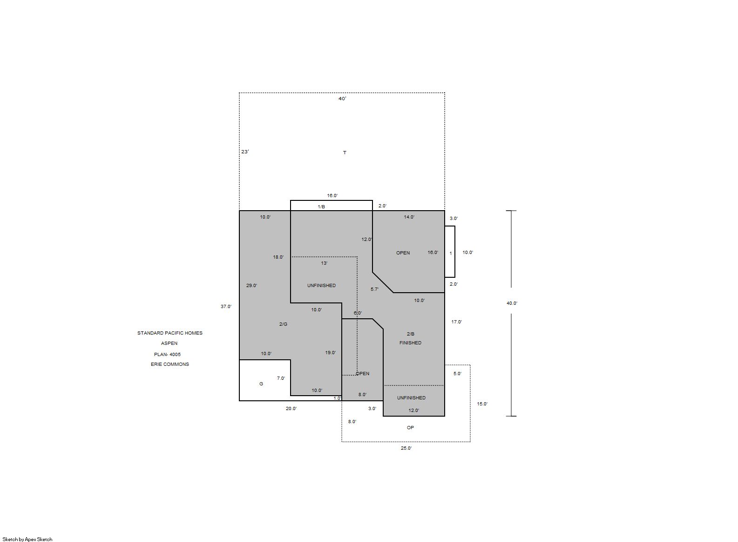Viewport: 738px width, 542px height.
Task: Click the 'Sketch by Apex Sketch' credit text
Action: click(x=27, y=539)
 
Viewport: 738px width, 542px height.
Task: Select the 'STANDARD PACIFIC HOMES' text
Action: click(x=170, y=333)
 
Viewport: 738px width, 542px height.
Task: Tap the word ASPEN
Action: click(x=169, y=343)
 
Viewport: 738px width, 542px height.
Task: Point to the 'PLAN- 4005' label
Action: click(x=167, y=354)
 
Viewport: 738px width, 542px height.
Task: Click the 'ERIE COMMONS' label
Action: click(x=170, y=364)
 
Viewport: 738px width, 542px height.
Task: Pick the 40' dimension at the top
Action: click(x=342, y=99)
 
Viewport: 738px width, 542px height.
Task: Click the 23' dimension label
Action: click(x=245, y=151)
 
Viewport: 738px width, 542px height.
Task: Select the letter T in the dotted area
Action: click(x=345, y=153)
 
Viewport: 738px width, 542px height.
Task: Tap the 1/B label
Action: click(x=321, y=207)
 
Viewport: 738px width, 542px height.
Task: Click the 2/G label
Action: click(x=284, y=324)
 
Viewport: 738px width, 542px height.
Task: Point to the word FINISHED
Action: click(x=411, y=343)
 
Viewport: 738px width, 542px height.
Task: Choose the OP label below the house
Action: click(x=411, y=428)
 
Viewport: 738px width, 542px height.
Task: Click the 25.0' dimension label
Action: click(x=406, y=448)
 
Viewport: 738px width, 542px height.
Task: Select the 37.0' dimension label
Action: click(x=226, y=306)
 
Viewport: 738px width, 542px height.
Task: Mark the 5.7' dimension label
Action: click(x=375, y=289)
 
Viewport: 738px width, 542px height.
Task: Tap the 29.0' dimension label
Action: click(x=252, y=286)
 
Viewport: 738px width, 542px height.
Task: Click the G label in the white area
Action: click(x=261, y=384)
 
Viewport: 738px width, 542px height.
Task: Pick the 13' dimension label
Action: click(x=324, y=263)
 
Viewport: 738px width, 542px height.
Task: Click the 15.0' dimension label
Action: click(x=482, y=404)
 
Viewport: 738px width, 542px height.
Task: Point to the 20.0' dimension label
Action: click(x=291, y=408)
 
